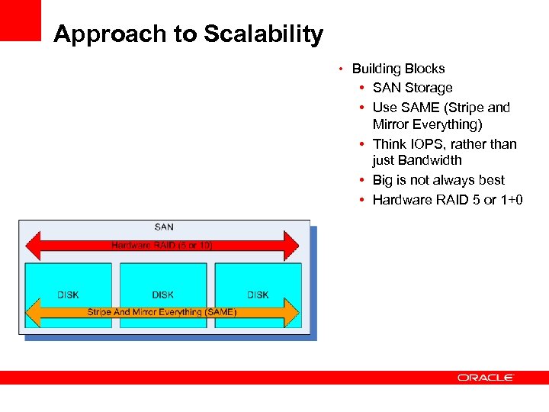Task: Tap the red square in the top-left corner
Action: coord(20,20)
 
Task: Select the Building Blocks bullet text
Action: coord(398,69)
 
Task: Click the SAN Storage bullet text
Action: coord(413,88)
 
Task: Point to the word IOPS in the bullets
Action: coord(427,144)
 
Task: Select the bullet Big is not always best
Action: coord(438,180)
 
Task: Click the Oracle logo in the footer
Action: coord(486,377)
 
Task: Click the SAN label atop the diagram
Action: coord(164,227)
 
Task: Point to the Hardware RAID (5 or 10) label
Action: coord(162,246)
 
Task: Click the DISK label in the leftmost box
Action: coord(68,295)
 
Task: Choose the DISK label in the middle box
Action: coord(162,295)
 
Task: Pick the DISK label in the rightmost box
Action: coord(258,295)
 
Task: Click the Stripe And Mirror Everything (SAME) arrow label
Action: coord(162,312)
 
